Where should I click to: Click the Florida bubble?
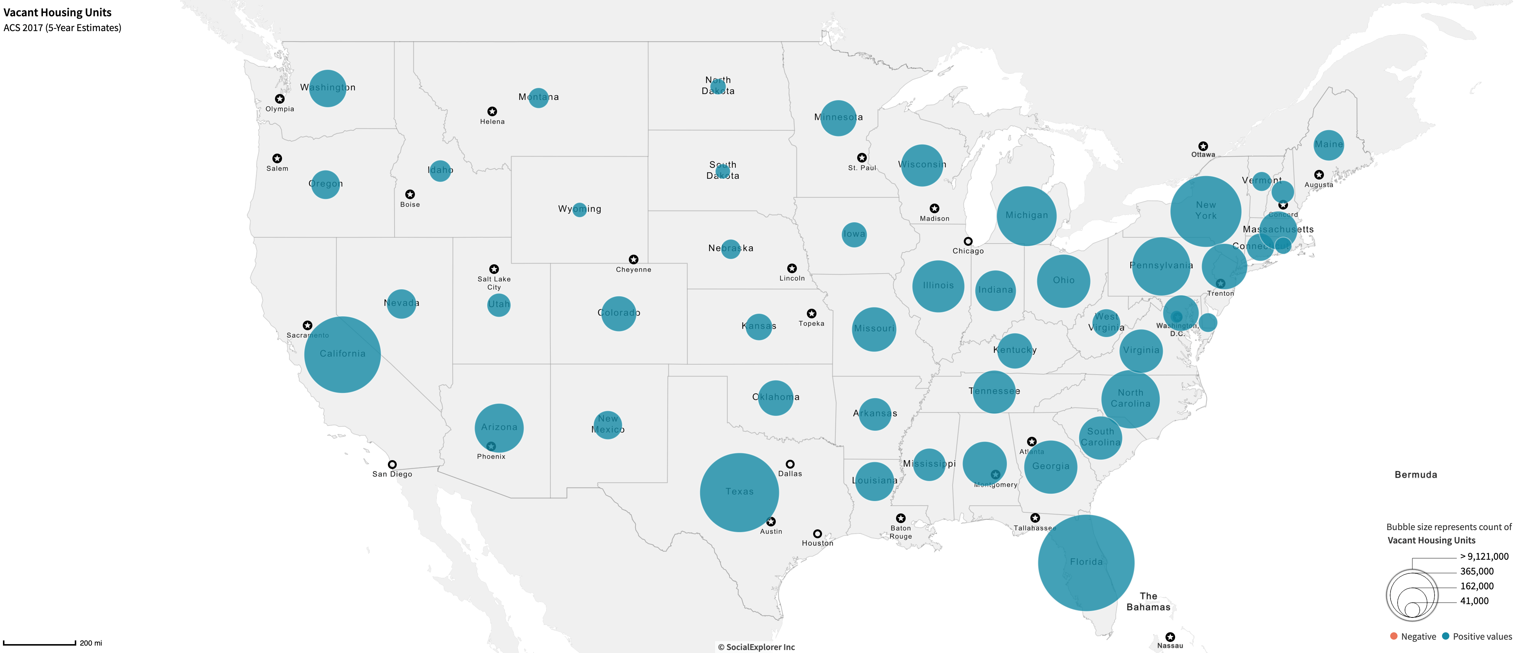pyautogui.click(x=1086, y=562)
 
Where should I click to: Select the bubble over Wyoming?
pyautogui.click(x=580, y=210)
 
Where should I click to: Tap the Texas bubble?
pyautogui.click(x=739, y=492)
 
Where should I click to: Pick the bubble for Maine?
pyautogui.click(x=1328, y=145)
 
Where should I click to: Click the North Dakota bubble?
pyautogui.click(x=718, y=87)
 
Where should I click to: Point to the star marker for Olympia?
pyautogui.click(x=279, y=99)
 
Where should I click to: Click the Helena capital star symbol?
pyautogui.click(x=492, y=111)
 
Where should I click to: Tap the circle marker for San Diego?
pyautogui.click(x=392, y=465)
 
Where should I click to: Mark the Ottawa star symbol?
pyautogui.click(x=1203, y=146)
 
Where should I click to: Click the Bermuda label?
pyautogui.click(x=1415, y=475)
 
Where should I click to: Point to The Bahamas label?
pyautogui.click(x=1148, y=601)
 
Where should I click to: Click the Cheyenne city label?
pyautogui.click(x=633, y=270)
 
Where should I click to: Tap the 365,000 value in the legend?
pyautogui.click(x=1476, y=571)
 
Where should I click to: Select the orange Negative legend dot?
pyautogui.click(x=1393, y=636)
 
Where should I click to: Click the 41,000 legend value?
pyautogui.click(x=1474, y=600)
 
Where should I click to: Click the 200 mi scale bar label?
pyautogui.click(x=91, y=643)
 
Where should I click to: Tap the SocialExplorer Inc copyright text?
pyautogui.click(x=756, y=647)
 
